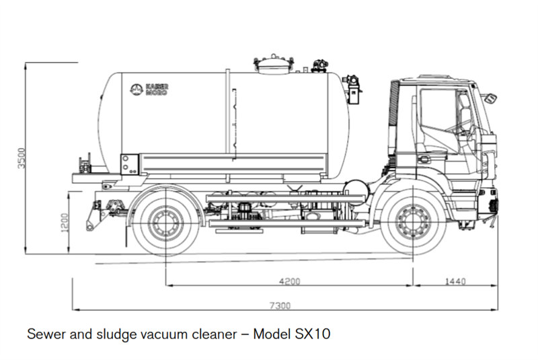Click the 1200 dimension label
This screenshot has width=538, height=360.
pos(65,221)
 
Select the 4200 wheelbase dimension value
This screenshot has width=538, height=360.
pos(289,281)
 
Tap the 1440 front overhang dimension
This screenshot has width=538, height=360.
pos(455,281)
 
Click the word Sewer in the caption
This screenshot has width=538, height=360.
pos(42,334)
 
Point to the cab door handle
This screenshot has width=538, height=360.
pos(424,159)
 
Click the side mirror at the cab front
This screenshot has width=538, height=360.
pos(491,98)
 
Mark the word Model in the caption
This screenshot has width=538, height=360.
pos(269,334)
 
